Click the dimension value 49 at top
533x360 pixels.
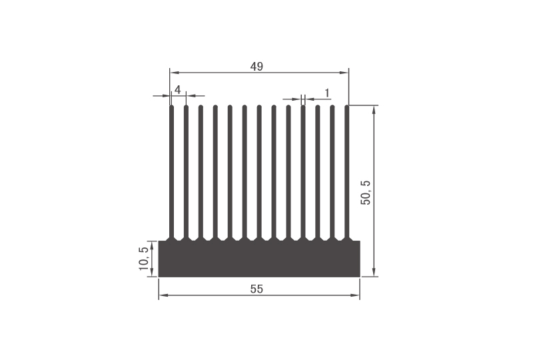tap(257, 66)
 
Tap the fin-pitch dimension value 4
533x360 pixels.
tap(178, 89)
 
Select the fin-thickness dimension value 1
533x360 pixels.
tap(326, 92)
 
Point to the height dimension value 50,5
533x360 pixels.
tap(366, 192)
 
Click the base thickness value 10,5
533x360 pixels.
tap(143, 259)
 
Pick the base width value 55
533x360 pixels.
tap(257, 289)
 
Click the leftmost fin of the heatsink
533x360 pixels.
tap(172, 173)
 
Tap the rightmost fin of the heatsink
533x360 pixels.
tap(347, 173)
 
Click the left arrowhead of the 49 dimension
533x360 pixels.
tap(173, 72)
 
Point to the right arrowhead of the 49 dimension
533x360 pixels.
tap(345, 72)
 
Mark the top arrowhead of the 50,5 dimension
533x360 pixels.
tap(374, 109)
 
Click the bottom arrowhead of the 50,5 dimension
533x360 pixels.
tap(374, 273)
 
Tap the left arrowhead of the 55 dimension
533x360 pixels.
tap(162, 296)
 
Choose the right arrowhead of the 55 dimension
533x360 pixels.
tap(356, 296)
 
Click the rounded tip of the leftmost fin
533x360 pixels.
tap(172, 107)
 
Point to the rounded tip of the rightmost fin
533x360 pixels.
tap(347, 107)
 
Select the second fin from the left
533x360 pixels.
tap(187, 173)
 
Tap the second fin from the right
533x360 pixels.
tap(332, 173)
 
